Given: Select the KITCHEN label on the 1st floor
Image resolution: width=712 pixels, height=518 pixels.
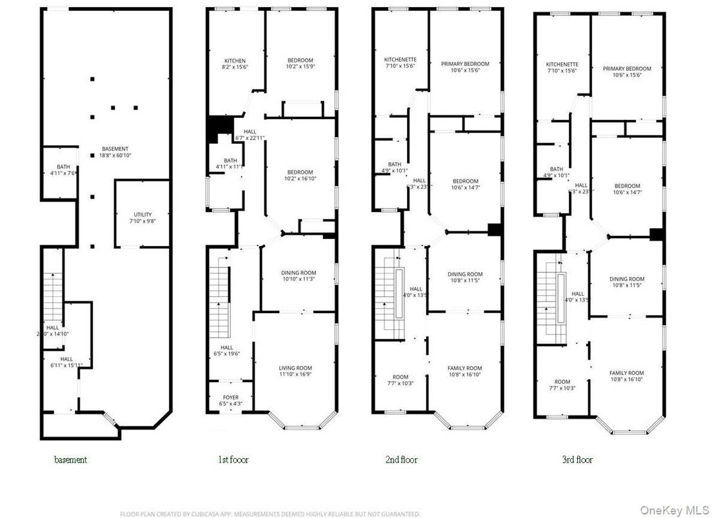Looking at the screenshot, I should [x=235, y=61].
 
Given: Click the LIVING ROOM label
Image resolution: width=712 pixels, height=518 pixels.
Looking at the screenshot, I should [x=295, y=368].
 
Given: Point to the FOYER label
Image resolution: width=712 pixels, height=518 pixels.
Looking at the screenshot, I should [x=231, y=398].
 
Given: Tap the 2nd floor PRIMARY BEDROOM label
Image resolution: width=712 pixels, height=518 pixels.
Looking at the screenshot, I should [x=465, y=64].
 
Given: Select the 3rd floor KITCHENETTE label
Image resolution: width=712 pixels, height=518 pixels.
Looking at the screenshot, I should [x=562, y=64].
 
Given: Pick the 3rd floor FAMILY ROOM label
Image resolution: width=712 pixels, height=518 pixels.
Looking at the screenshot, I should [x=627, y=373].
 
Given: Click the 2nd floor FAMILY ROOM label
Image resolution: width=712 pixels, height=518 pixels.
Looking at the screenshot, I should [x=465, y=369].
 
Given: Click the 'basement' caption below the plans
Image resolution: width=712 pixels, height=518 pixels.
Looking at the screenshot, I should [x=70, y=460].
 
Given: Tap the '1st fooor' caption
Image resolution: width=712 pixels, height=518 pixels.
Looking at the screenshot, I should [x=233, y=460].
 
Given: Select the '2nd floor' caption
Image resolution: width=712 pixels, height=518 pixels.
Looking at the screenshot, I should [x=400, y=460].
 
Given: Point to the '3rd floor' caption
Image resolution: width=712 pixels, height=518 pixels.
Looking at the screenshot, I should [x=577, y=460].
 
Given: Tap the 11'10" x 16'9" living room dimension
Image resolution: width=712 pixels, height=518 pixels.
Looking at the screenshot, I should [x=295, y=374].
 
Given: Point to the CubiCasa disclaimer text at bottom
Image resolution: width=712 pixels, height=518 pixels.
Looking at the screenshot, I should [x=270, y=513].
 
